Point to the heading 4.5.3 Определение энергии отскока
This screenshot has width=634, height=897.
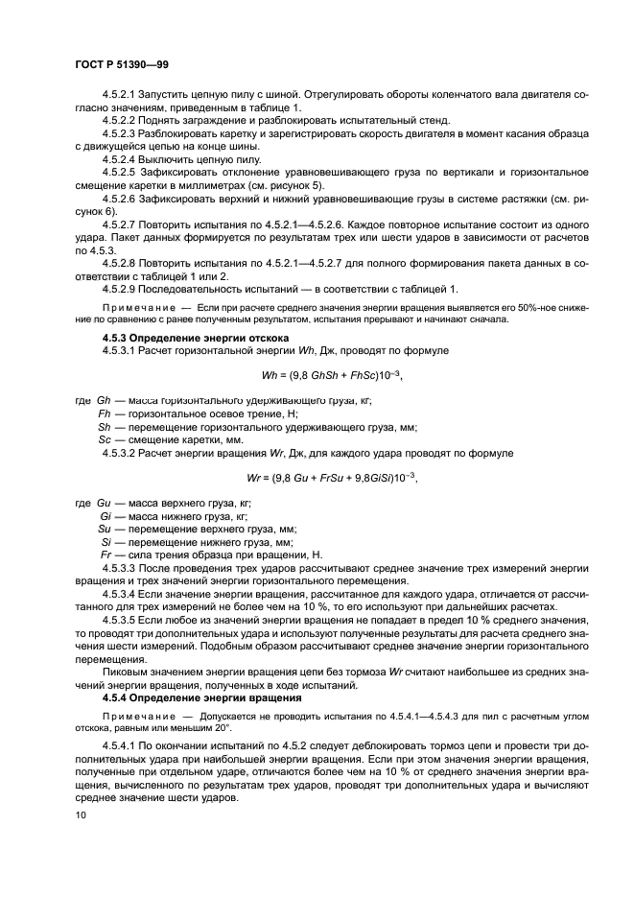[191, 339]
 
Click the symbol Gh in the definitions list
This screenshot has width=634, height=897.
[106, 401]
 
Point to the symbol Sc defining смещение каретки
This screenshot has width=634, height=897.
[106, 439]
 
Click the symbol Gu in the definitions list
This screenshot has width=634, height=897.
[106, 503]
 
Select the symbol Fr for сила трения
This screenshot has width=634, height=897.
[106, 555]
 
